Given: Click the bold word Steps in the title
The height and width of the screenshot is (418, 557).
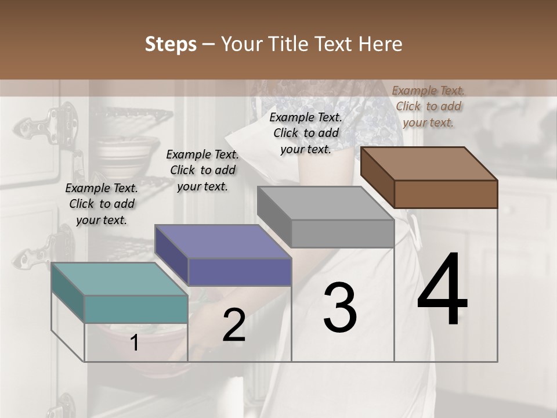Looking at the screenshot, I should [171, 44].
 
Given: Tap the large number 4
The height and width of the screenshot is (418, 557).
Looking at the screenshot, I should [442, 290].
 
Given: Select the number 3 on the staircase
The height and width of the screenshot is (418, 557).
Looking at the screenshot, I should [340, 308].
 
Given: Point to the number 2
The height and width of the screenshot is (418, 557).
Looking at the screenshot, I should [234, 326].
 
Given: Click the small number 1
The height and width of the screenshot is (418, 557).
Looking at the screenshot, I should [135, 343].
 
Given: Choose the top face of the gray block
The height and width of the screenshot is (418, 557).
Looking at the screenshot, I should [325, 203].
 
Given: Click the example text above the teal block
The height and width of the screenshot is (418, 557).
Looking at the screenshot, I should [102, 204].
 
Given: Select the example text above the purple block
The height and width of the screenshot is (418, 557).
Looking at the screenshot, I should [202, 170].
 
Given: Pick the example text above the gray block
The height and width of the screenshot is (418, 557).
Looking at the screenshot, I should [306, 133].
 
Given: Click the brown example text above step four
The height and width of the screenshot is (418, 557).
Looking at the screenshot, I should [428, 106].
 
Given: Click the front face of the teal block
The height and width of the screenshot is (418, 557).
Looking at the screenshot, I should [136, 309].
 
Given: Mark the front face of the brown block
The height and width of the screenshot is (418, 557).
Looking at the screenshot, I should [446, 194].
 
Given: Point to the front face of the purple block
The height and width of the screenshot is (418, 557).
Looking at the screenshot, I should [239, 272].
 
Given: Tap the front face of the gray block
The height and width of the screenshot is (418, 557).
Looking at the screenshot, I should [342, 233].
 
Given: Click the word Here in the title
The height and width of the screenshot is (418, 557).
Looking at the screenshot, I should [379, 44].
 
